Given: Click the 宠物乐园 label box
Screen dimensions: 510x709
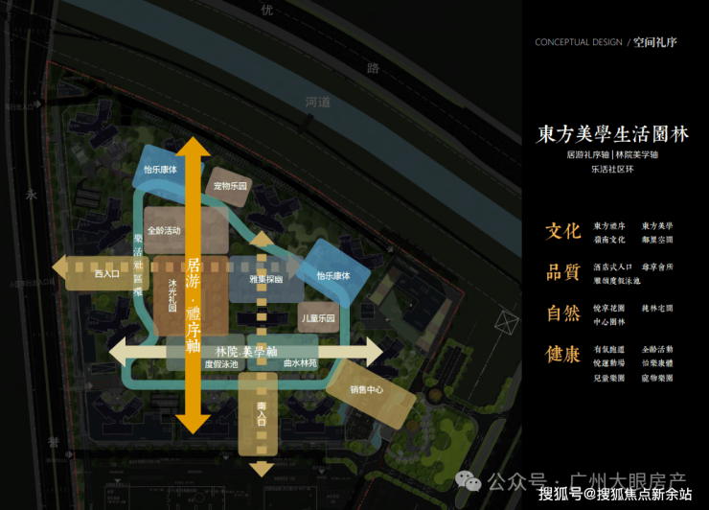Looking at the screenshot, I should pos(231,186).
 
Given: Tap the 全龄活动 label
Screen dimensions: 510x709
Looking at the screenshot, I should pos(165,231).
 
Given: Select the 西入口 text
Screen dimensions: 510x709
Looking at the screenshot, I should pos(107,274).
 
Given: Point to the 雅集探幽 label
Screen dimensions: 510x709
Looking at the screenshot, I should pos(266,279).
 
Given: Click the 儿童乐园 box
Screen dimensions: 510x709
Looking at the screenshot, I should pos(318,317).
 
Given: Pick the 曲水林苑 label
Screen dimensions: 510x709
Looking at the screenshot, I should pos(300,364).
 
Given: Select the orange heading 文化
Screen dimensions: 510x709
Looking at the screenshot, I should pos(562,231).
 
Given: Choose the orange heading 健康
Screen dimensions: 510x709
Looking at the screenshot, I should pos(562,355).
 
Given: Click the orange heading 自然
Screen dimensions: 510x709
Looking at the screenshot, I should pos(562,313).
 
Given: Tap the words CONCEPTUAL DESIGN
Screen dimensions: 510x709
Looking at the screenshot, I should pos(578,43).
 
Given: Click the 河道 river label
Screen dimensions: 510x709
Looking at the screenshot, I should pos(317,101).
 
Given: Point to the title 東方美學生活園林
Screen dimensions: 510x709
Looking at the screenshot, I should pos(611,134).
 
